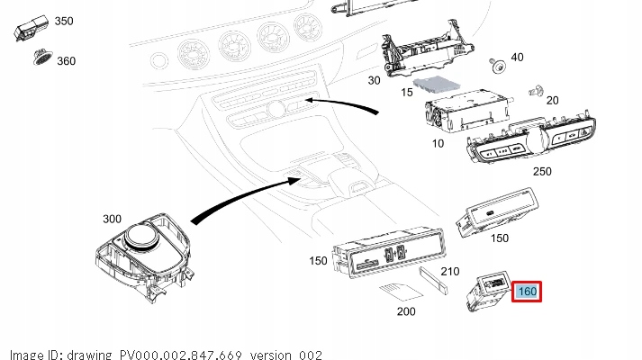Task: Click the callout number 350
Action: tap(64, 20)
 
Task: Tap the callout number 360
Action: tap(66, 61)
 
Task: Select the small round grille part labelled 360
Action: tap(41, 57)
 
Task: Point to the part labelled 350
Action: tap(29, 27)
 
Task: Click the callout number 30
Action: tap(375, 80)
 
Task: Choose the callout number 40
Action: tap(516, 58)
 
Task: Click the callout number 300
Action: tap(112, 219)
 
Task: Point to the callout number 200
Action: tap(406, 311)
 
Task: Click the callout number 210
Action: tap(450, 271)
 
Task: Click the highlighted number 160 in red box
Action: tap(527, 292)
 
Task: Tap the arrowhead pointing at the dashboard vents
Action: tap(310, 100)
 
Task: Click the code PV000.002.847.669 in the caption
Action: tap(183, 354)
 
